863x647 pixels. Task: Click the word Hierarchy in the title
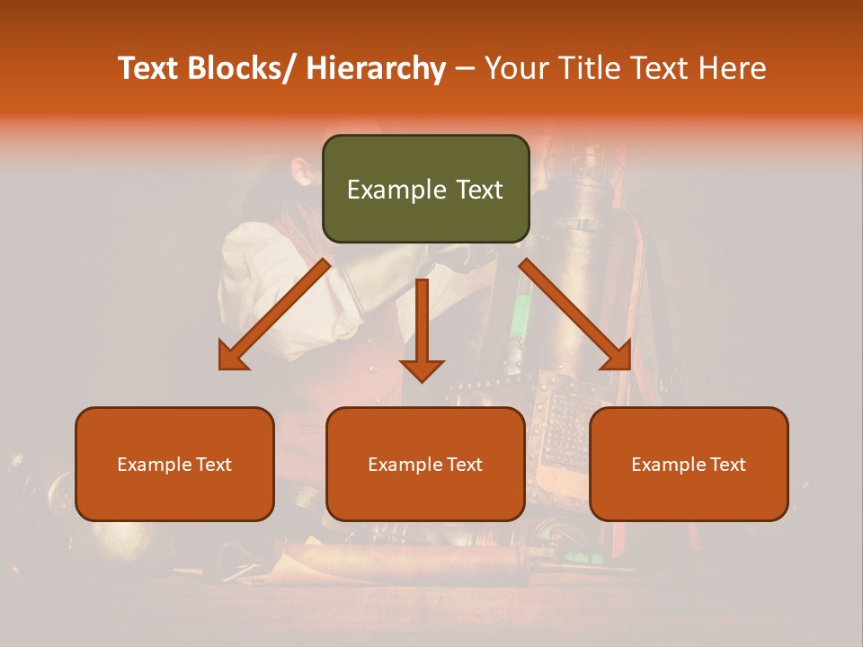click(376, 68)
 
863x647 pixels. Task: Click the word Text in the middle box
click(462, 465)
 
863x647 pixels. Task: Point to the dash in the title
click(465, 68)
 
